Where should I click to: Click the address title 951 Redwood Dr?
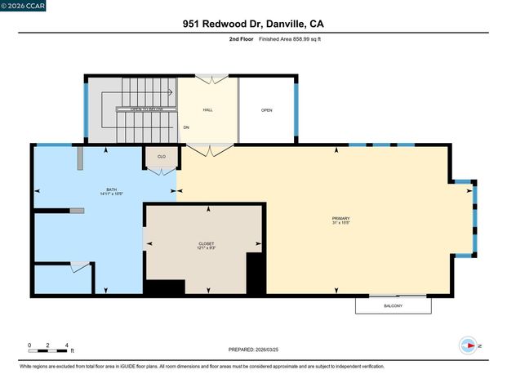[253, 24]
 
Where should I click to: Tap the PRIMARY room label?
[340, 219]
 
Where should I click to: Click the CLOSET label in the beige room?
[207, 243]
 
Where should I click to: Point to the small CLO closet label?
[161, 157]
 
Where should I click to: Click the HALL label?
[208, 109]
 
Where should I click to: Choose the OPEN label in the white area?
[266, 109]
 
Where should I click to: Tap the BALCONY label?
[393, 306]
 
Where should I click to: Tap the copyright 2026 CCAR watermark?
[24, 6]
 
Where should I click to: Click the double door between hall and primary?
[208, 150]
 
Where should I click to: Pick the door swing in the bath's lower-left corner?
[80, 266]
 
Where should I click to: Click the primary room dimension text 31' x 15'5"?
[340, 224]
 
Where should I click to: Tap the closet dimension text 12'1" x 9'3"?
[207, 248]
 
